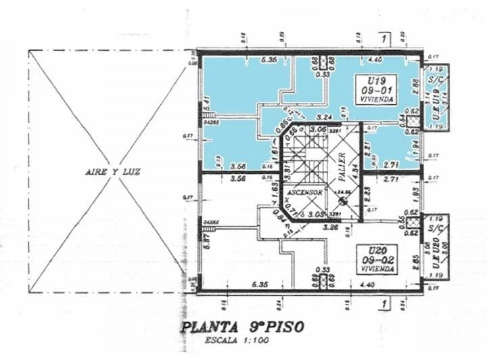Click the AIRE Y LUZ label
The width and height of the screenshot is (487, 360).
(112, 173)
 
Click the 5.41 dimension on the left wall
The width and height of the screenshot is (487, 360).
(206, 104)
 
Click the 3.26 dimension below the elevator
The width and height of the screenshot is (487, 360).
(331, 228)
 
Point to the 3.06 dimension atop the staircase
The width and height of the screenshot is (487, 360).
(317, 129)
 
